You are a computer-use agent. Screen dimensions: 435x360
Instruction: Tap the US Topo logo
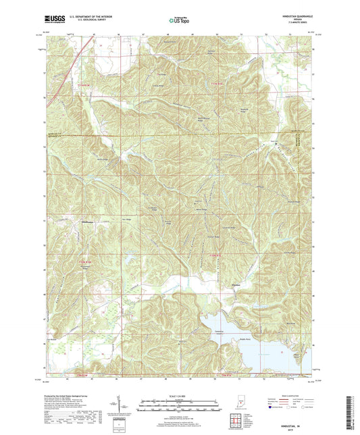point(180,21)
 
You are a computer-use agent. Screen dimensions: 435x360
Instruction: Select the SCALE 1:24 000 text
point(180,395)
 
